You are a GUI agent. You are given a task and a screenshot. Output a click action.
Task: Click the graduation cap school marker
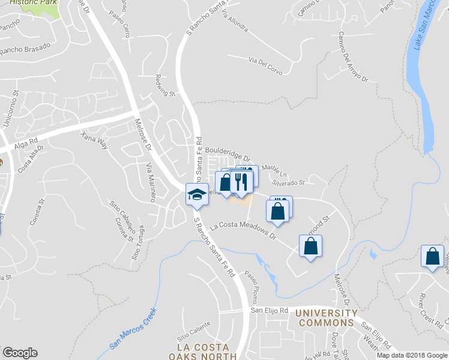197,194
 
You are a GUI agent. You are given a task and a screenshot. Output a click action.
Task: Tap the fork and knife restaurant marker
241,181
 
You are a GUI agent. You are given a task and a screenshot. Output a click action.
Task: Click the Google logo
20,353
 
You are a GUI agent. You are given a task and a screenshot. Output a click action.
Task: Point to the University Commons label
326,318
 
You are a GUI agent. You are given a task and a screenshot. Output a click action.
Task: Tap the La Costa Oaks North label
206,352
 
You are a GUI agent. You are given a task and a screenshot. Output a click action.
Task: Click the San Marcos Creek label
133,329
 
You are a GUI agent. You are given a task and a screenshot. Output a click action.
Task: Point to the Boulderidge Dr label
228,154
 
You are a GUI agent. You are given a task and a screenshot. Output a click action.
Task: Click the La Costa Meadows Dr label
243,231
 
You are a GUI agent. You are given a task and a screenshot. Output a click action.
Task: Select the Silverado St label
289,181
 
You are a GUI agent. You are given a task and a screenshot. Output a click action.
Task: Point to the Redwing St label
165,85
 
